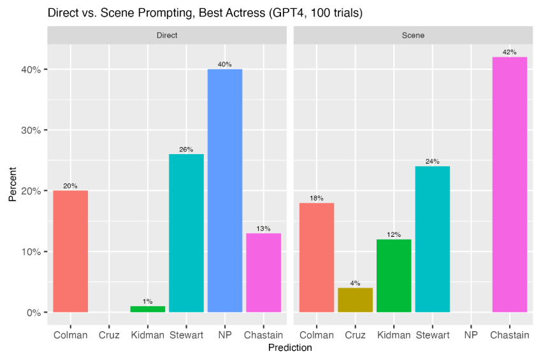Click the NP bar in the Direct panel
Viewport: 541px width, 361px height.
pos(225,190)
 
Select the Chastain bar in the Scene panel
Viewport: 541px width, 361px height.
pos(510,185)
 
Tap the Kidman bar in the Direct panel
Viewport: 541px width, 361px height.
pos(148,309)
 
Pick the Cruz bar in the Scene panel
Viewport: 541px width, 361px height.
pos(355,300)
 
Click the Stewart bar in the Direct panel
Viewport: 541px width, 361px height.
pos(186,233)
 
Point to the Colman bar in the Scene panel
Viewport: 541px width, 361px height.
pos(317,257)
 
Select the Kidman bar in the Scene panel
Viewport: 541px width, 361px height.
pos(394,276)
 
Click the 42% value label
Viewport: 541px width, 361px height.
pos(510,52)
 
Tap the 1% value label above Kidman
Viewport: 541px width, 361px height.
pos(148,302)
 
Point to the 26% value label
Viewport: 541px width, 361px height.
pos(186,150)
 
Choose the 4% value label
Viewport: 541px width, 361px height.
pos(355,283)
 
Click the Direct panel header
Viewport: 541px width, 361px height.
pos(167,36)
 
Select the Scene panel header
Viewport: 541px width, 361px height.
pos(413,36)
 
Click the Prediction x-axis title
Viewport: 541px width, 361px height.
pos(290,348)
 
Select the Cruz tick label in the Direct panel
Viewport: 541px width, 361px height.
pos(109,335)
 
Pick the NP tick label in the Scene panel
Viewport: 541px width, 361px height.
pos(471,335)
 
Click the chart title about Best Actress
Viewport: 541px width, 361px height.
pos(205,13)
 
